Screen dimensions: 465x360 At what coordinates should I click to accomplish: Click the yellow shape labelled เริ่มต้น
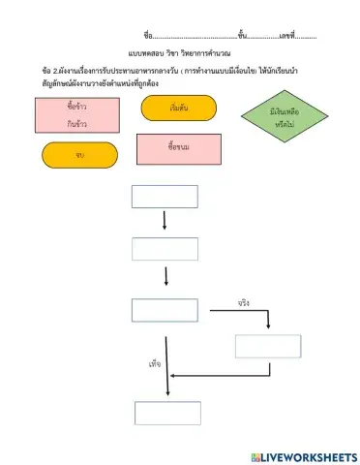[178, 108]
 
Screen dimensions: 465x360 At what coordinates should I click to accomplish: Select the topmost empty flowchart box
[165, 197]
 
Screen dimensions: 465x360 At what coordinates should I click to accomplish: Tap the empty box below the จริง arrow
[261, 346]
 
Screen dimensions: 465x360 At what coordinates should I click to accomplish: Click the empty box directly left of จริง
[165, 310]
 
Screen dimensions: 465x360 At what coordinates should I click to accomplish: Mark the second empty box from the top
[165, 249]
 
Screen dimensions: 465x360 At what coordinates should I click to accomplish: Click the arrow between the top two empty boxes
[165, 222]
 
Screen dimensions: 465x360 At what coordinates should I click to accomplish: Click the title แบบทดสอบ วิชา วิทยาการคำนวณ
[178, 55]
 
